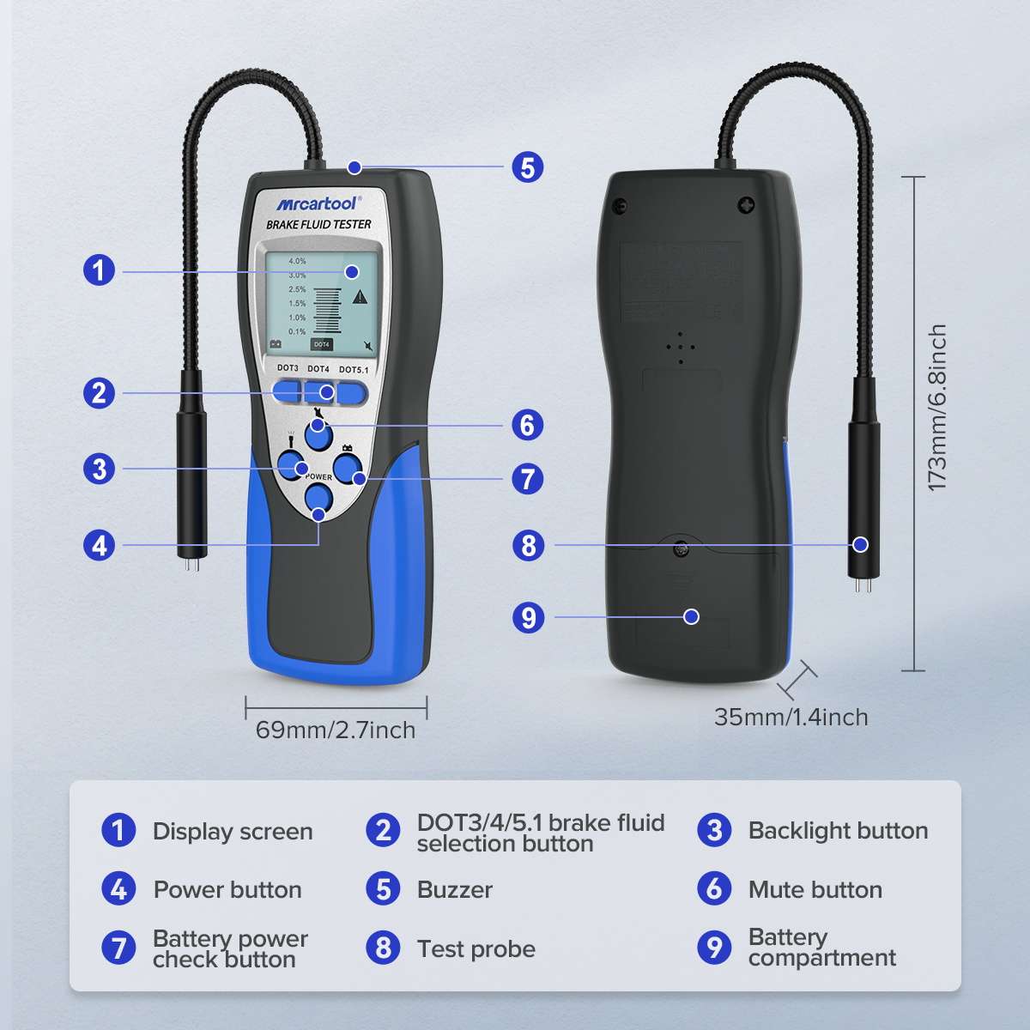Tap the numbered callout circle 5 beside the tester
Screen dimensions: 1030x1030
(528, 167)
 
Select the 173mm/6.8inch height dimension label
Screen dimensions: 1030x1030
(937, 409)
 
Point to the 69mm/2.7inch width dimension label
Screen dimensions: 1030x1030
(336, 730)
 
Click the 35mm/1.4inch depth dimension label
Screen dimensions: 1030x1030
(791, 717)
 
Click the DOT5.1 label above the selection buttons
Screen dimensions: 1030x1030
(355, 369)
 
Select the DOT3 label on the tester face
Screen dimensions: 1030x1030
(288, 368)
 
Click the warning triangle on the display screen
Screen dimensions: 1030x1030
(360, 297)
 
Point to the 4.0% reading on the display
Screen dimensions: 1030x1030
(297, 261)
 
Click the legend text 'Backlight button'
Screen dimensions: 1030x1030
(838, 831)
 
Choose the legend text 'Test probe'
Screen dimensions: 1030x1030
(476, 948)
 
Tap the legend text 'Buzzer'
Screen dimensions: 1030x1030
(454, 890)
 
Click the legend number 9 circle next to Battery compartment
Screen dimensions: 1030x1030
(714, 948)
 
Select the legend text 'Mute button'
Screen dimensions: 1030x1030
(815, 890)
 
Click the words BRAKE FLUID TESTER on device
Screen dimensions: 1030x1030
(318, 225)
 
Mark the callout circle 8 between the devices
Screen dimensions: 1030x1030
(528, 545)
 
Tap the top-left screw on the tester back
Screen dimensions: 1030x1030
(618, 205)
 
